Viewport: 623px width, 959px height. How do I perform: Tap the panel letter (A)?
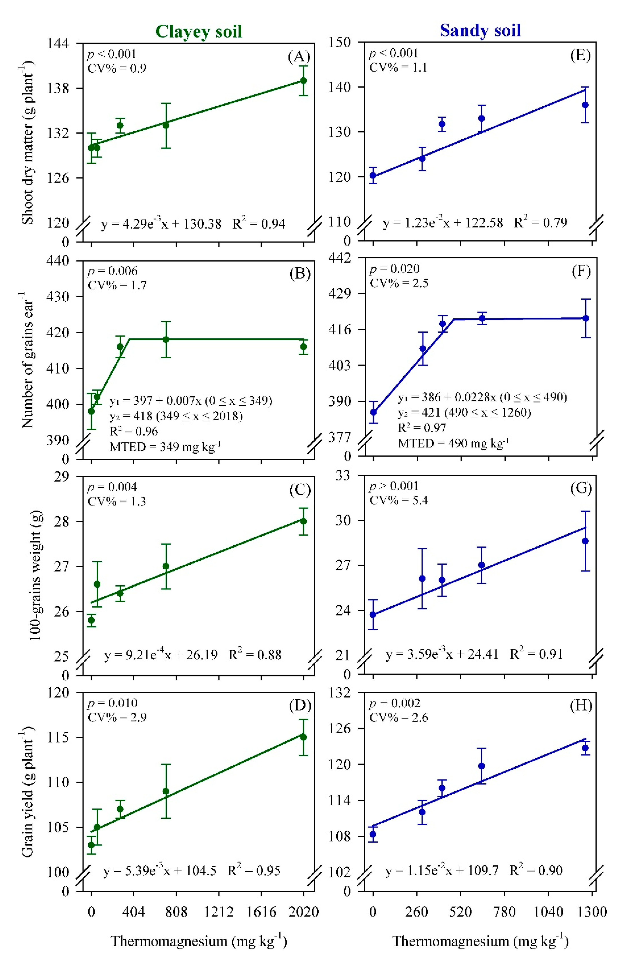tap(299, 57)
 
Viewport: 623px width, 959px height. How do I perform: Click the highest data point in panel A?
tap(304, 80)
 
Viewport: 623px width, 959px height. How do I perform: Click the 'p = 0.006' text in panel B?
tap(112, 271)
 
